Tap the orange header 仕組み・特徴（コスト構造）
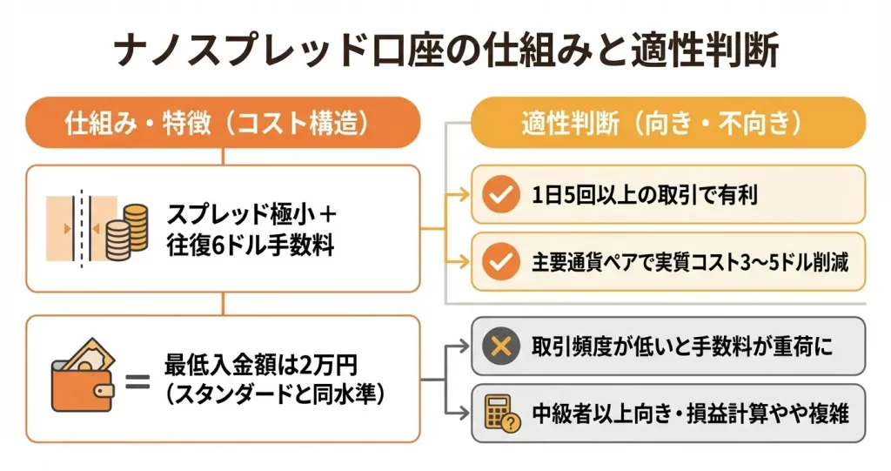click(x=224, y=123)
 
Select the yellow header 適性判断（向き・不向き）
click(x=667, y=123)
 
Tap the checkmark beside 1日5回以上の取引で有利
click(x=499, y=195)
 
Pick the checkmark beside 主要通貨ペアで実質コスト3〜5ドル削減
click(x=499, y=259)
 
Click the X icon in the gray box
click(x=499, y=347)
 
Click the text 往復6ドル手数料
click(x=250, y=245)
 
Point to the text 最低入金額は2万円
click(x=260, y=364)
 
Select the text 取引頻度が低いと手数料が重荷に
click(x=682, y=347)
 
